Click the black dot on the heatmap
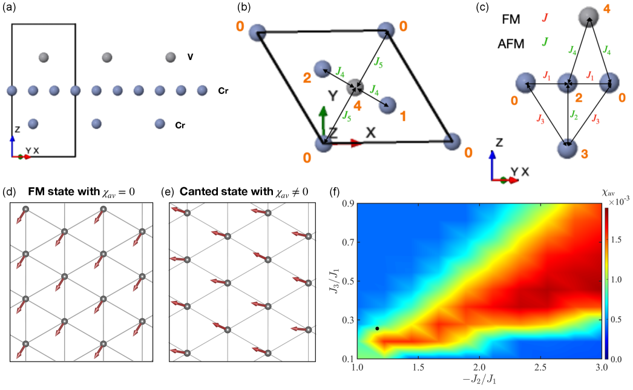click(377, 328)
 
